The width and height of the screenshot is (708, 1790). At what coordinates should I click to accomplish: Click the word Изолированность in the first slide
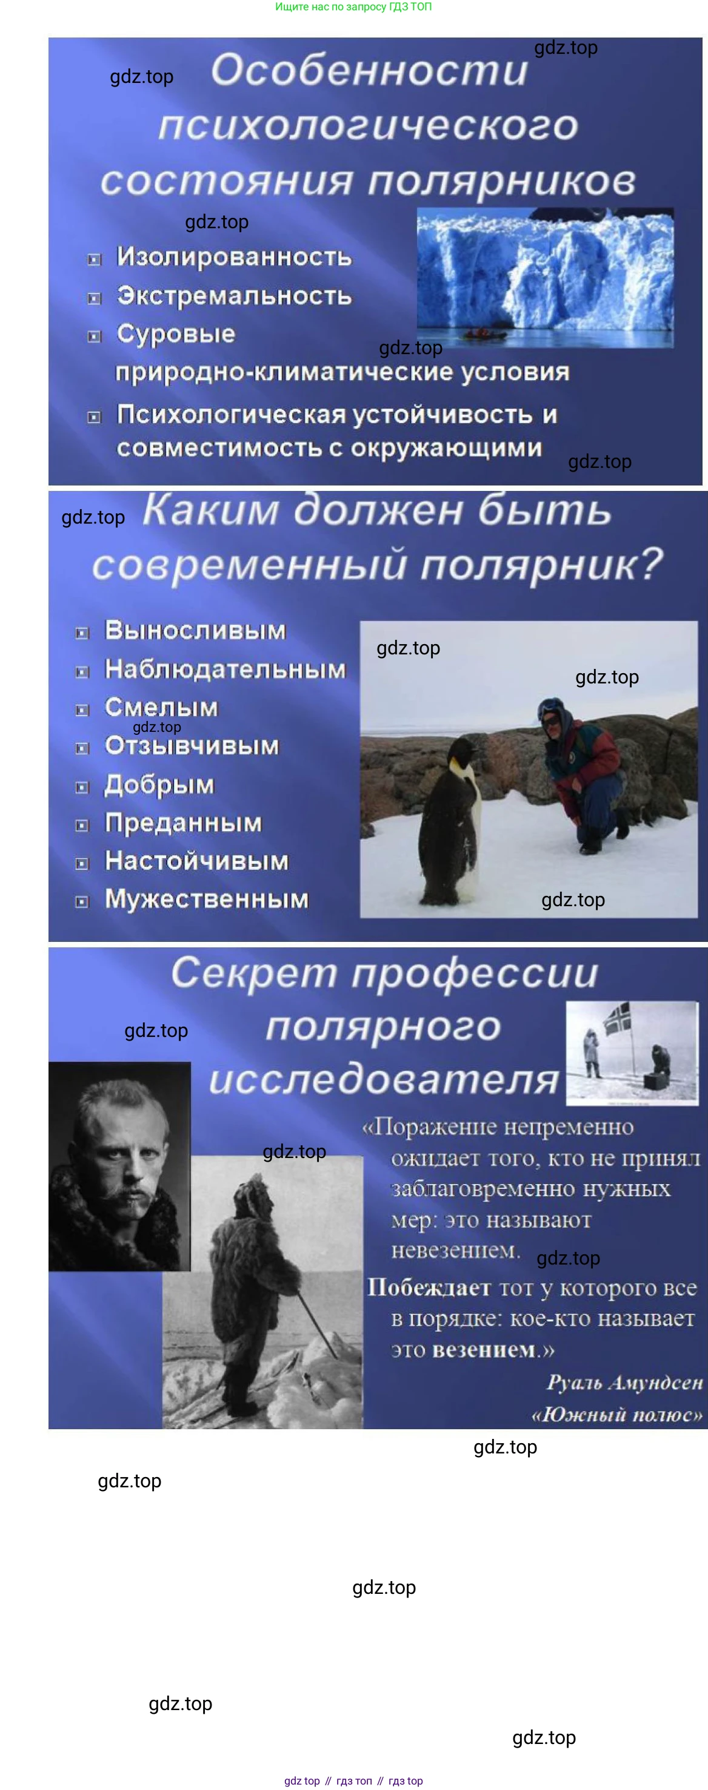click(x=235, y=257)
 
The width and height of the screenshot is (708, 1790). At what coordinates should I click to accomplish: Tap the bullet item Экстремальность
click(x=235, y=295)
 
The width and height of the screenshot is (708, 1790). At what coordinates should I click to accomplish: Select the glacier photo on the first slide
click(x=546, y=278)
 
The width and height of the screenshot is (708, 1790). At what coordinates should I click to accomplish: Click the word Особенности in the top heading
click(x=369, y=70)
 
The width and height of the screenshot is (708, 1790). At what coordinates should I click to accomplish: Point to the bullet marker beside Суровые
click(x=94, y=337)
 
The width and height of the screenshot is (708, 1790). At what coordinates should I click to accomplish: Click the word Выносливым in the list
click(x=195, y=630)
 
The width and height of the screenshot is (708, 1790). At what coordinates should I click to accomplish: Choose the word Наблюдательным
click(x=225, y=668)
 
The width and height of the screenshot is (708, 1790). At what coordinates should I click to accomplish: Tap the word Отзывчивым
click(x=192, y=746)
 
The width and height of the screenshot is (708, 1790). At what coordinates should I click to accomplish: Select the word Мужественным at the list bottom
click(x=207, y=898)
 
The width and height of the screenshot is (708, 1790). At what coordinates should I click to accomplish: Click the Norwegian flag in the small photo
click(x=617, y=1018)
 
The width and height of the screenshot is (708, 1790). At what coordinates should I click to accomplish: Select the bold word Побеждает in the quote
click(x=429, y=1288)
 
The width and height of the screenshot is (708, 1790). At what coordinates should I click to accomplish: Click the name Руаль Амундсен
click(x=624, y=1382)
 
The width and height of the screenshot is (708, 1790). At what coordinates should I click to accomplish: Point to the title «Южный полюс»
click(x=617, y=1415)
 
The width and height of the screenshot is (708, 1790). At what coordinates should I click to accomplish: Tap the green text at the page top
click(x=353, y=7)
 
